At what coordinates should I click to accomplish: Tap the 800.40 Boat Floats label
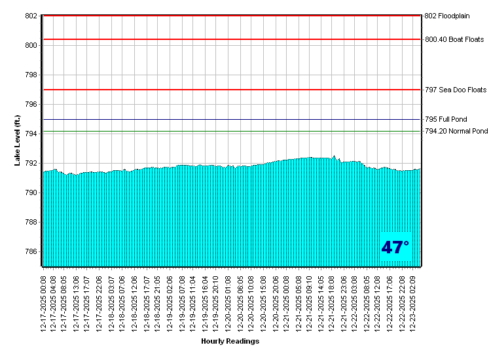[x=454, y=39]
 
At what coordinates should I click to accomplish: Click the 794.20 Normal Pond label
[x=456, y=132]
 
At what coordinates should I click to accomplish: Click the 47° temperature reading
[x=395, y=247]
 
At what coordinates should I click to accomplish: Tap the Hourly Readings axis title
[x=230, y=342]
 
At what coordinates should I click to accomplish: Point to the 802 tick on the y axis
[x=31, y=16]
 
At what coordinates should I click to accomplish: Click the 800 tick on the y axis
[x=31, y=45]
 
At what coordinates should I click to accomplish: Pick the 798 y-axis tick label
[x=31, y=75]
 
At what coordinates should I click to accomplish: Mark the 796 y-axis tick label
[x=31, y=104]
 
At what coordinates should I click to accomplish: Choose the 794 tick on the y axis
[x=31, y=134]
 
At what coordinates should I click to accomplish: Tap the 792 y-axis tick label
[x=31, y=163]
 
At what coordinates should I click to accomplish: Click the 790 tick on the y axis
[x=31, y=192]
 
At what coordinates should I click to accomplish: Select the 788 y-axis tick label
[x=31, y=222]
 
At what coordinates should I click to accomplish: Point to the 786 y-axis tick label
[x=31, y=251]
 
